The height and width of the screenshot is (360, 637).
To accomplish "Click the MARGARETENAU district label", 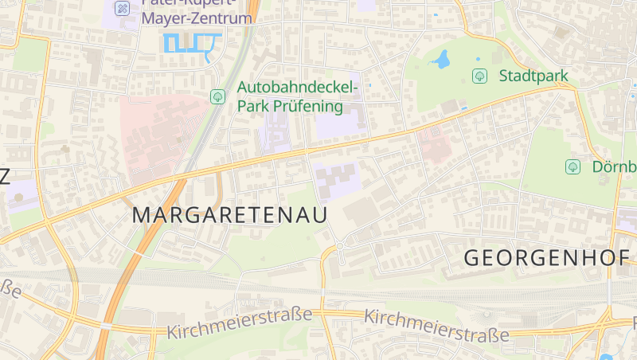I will click(230, 213).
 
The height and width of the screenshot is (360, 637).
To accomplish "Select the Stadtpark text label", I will click(533, 76).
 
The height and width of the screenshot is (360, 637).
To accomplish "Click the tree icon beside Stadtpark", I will click(479, 76).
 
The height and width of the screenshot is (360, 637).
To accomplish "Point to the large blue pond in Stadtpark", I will click(440, 59).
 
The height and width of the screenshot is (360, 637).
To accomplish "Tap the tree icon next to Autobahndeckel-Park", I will click(217, 96).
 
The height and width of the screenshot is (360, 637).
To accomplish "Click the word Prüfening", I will click(308, 106).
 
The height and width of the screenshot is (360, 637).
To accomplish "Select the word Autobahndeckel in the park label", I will click(299, 87).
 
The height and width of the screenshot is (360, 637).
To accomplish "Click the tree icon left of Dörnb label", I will click(572, 166).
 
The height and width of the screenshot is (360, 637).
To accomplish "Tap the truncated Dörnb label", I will click(614, 166).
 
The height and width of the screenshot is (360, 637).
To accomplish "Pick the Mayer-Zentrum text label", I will click(197, 18).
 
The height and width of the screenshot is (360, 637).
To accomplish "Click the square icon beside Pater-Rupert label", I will click(122, 8).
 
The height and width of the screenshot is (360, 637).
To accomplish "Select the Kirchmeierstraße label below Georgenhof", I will click(436, 326).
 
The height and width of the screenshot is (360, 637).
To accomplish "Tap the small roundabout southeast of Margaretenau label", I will click(339, 247).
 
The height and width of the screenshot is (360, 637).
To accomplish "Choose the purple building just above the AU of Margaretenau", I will click(336, 178).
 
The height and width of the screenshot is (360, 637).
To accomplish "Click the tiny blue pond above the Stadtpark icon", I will click(478, 58).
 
